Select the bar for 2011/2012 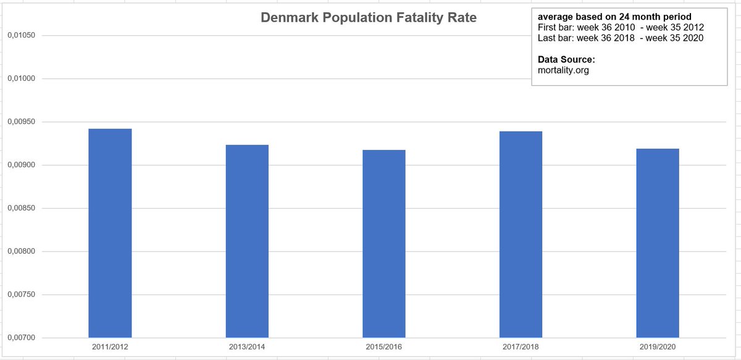110,233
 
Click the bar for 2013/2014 247,241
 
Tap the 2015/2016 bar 384,244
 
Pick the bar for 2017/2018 521,235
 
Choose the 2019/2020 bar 658,243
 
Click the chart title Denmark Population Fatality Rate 369,18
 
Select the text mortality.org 564,70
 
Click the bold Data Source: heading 567,60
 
